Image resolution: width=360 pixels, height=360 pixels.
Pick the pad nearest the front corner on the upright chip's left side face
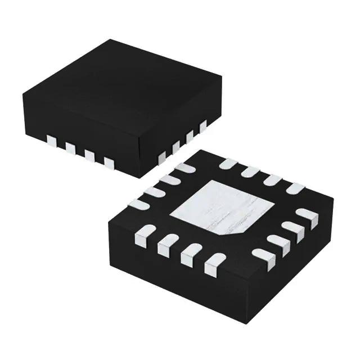click(x=109, y=163)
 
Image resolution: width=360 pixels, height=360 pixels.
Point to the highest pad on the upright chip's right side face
click(x=203, y=124)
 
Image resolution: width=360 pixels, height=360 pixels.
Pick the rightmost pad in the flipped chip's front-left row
click(x=213, y=261)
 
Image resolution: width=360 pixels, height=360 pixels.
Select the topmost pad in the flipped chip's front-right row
click(x=307, y=214)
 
